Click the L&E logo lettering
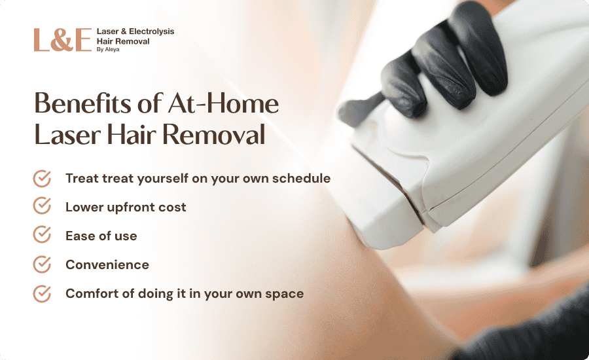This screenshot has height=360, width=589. coord(63,40)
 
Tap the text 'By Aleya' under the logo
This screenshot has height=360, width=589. coord(108,50)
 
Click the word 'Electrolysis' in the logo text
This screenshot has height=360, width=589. coord(151,31)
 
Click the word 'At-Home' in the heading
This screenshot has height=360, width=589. coord(223,103)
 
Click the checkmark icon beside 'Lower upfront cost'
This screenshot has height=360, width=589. coord(42,206)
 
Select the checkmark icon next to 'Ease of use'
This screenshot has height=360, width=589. coord(42,234)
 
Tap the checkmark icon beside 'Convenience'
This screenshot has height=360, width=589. coord(42,264)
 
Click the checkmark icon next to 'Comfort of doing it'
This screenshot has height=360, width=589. coord(42,293)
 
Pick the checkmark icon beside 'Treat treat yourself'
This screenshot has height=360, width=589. coord(42,178)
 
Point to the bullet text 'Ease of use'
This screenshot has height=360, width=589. coord(101,236)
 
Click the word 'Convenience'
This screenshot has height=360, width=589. coord(107,265)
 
